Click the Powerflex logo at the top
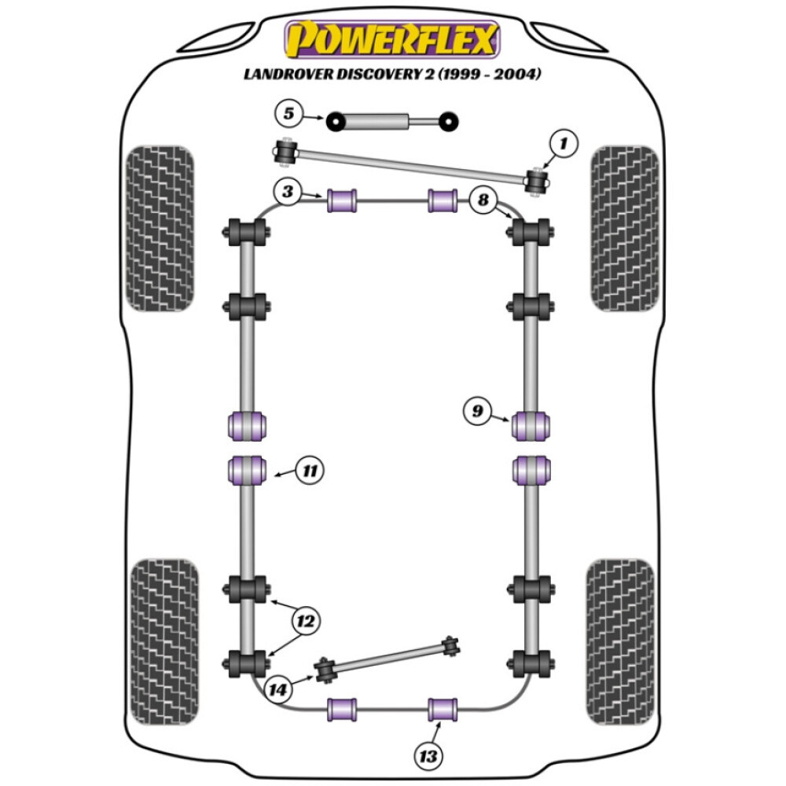coord(392,39)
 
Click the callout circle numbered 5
coord(288,114)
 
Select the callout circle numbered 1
coord(563,144)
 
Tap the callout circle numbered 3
coord(288,192)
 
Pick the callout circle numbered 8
coord(482,200)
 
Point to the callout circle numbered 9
coord(477,410)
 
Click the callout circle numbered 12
coord(305,622)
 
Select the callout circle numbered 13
coord(426,755)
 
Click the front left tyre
coord(159,229)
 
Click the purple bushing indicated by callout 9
coord(531,425)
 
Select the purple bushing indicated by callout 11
coord(246,471)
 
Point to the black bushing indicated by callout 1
coord(538,179)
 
